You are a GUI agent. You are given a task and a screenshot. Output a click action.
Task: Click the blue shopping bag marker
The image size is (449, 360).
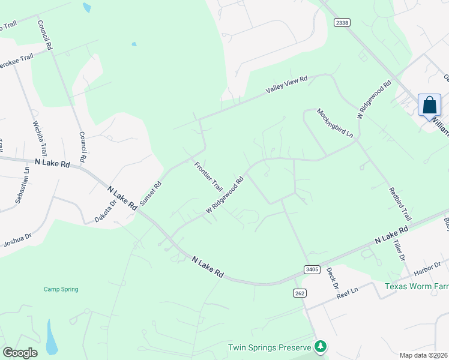tap(429, 105)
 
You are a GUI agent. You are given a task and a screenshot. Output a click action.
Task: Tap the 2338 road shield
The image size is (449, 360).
tap(342, 22)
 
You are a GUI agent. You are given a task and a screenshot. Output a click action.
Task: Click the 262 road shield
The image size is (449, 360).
tap(300, 293)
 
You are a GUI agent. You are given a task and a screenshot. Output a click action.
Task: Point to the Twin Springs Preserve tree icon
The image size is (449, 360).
tap(321, 346)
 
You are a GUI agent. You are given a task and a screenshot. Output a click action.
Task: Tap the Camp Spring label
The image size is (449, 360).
tap(61, 289)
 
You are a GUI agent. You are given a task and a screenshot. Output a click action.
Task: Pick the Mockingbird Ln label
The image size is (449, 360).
tap(335, 124)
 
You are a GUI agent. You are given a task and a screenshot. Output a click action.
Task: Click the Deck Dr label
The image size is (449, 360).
tap(333, 277)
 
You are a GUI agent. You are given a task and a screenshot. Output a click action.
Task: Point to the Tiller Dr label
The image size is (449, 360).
tap(400, 248)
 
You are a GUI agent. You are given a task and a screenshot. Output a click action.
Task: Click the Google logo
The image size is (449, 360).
tap(20, 353)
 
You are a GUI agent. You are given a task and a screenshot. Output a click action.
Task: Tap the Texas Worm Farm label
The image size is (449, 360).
tap(417, 286)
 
